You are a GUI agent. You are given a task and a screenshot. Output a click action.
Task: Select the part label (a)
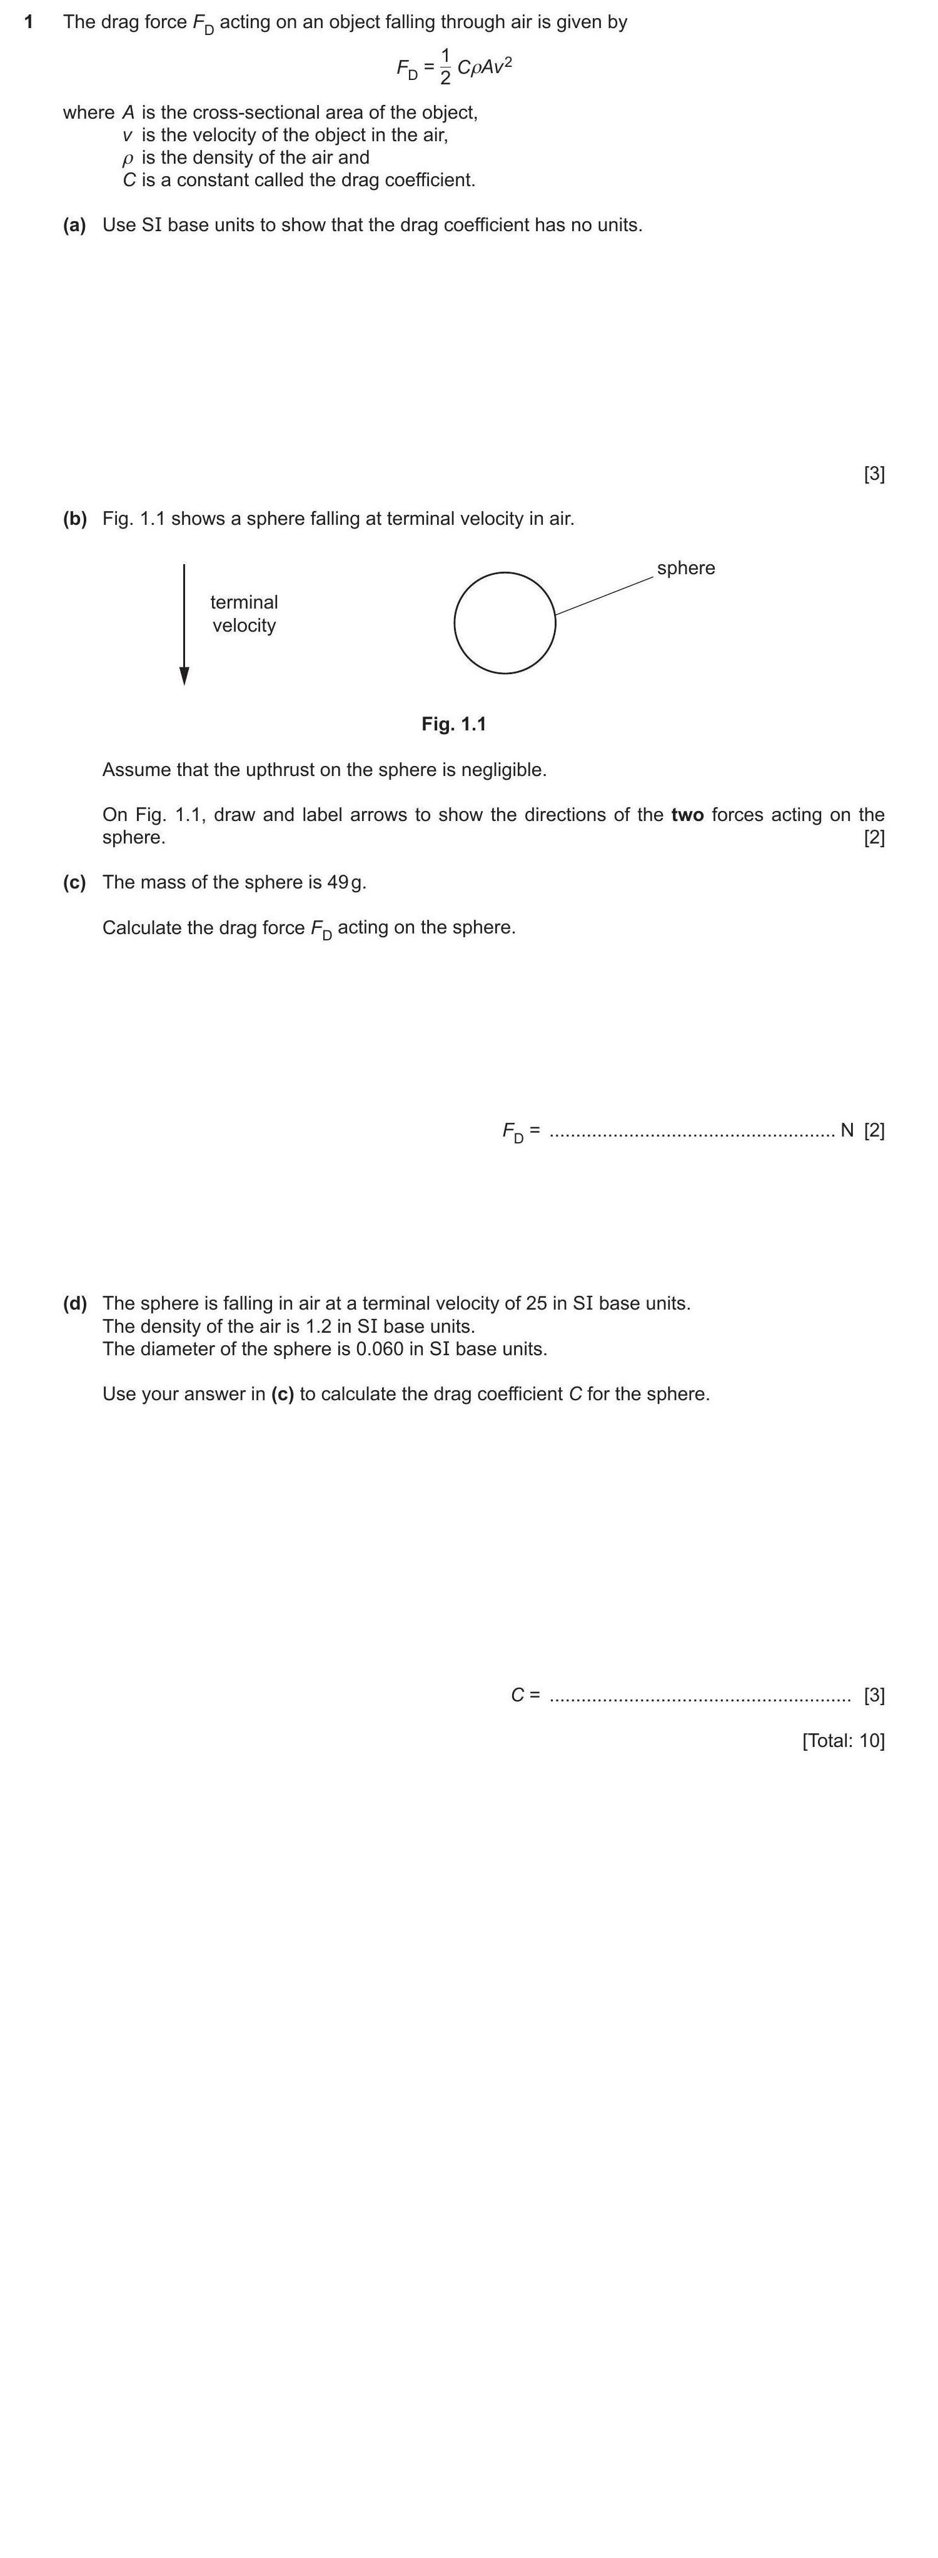(74, 226)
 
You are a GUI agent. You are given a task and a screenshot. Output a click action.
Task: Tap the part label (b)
(74, 519)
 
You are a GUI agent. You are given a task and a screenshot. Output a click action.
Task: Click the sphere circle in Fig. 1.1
(505, 622)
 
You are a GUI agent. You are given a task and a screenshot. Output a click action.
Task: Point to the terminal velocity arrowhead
(184, 676)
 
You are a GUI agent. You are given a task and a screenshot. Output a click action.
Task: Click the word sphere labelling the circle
(685, 568)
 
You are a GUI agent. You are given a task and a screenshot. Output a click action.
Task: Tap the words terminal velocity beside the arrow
(243, 614)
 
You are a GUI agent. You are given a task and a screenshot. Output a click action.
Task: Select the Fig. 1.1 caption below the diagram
(454, 724)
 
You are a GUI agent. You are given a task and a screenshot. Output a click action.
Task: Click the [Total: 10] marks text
(842, 1741)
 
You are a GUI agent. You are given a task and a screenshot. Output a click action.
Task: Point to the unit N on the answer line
(847, 1130)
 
